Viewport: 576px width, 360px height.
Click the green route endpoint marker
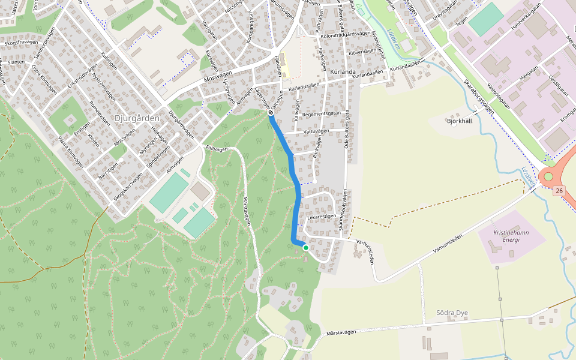[305, 247]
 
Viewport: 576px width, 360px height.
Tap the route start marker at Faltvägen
[271, 112]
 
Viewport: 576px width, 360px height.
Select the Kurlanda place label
[343, 71]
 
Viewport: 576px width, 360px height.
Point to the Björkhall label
[460, 121]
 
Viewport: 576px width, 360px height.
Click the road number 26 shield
[559, 191]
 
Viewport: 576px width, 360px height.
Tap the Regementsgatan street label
[322, 113]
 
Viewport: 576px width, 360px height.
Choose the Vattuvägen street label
[317, 131]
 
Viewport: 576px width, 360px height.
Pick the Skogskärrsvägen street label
[127, 187]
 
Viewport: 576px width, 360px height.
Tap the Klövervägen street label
[362, 52]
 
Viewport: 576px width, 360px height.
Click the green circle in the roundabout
[548, 177]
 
